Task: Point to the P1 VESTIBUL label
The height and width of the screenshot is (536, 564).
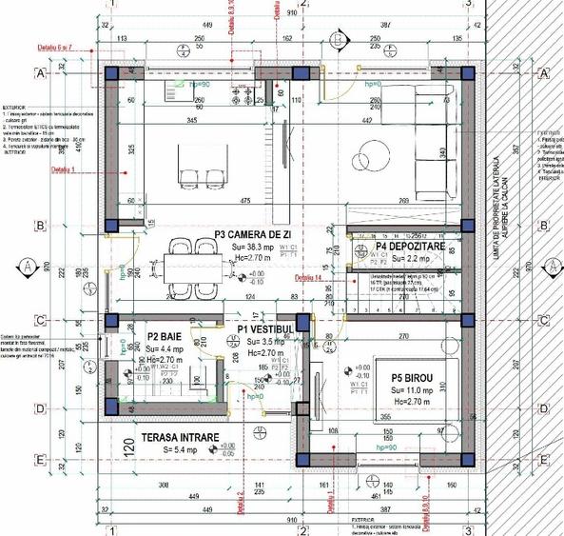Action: (x=269, y=328)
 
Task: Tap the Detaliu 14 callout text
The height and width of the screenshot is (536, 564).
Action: (x=308, y=278)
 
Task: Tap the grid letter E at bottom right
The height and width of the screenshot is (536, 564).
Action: (x=543, y=461)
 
